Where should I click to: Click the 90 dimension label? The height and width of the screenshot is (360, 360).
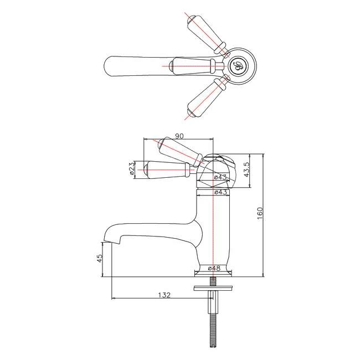tap(179, 136)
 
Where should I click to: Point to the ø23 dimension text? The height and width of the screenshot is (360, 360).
tap(132, 168)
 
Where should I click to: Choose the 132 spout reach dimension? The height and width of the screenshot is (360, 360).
tap(162, 296)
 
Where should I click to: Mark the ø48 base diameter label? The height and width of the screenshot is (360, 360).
tap(215, 269)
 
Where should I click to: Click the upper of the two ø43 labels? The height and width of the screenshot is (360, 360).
tap(221, 177)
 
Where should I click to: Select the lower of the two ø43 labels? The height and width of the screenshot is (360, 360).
tap(221, 192)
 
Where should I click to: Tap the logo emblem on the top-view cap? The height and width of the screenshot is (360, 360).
tap(239, 65)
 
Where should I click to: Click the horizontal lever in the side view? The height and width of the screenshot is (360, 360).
tap(166, 169)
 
